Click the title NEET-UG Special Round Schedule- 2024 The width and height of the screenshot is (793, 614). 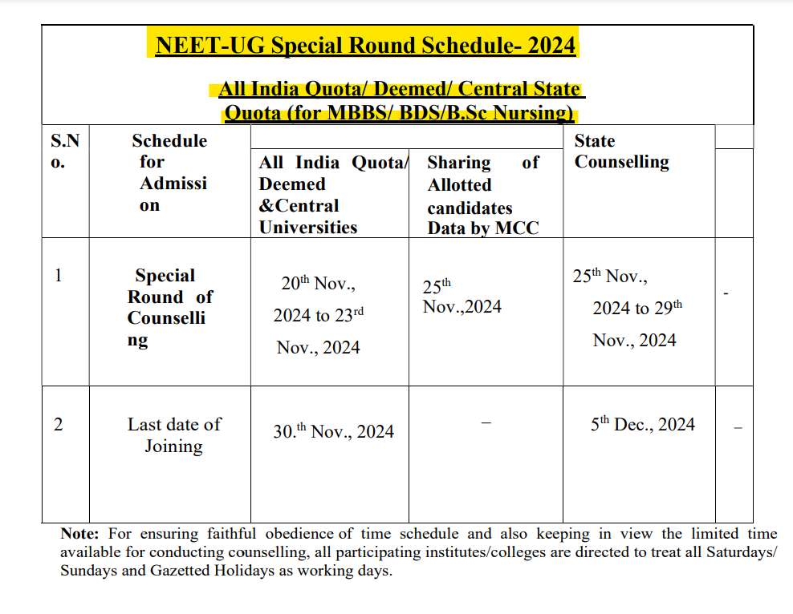365,45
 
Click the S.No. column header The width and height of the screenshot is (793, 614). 65,151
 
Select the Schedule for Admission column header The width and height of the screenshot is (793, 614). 169,172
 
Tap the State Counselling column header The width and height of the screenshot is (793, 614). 621,151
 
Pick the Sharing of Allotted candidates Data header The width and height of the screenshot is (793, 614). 482,195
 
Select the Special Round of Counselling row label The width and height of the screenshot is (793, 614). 169,308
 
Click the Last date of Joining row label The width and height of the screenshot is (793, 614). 173,434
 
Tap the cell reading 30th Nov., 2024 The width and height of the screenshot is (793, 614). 333,431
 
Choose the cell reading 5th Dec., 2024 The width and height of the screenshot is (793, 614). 642,424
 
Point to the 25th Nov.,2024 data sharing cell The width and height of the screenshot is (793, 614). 462,297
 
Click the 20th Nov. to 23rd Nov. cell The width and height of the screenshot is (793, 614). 319,315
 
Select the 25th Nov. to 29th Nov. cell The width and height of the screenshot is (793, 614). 633,308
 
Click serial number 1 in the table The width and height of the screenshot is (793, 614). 58,275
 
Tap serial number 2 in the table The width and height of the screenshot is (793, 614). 58,424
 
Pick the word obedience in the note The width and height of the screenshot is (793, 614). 301,533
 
